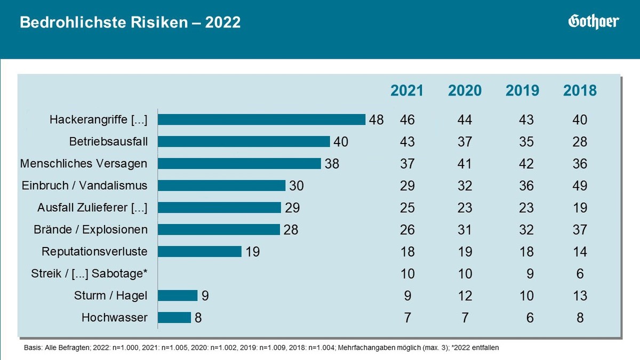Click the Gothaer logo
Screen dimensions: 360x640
pyautogui.click(x=593, y=22)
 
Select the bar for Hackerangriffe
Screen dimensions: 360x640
pyautogui.click(x=261, y=119)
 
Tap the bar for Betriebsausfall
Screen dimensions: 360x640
pyautogui.click(x=244, y=141)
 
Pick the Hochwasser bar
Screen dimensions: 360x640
pyautogui.click(x=174, y=317)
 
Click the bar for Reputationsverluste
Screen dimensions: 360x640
pyautogui.click(x=199, y=251)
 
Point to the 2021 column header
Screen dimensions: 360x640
pyautogui.click(x=407, y=91)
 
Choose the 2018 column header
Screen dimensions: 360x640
pyautogui.click(x=580, y=91)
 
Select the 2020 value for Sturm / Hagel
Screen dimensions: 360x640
pyautogui.click(x=465, y=295)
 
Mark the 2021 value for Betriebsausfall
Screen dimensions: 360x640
pyautogui.click(x=407, y=142)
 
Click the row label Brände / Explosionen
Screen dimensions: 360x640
pyautogui.click(x=91, y=229)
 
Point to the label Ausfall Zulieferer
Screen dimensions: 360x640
pyautogui.click(x=92, y=207)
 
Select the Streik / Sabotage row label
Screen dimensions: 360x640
pyautogui.click(x=89, y=274)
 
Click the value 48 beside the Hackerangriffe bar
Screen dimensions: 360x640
pyautogui.click(x=376, y=120)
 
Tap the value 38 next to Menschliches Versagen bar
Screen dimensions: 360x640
pyautogui.click(x=332, y=164)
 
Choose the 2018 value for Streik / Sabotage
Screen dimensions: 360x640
pyautogui.click(x=580, y=274)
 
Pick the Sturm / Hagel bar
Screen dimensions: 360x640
pyautogui.click(x=177, y=295)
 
